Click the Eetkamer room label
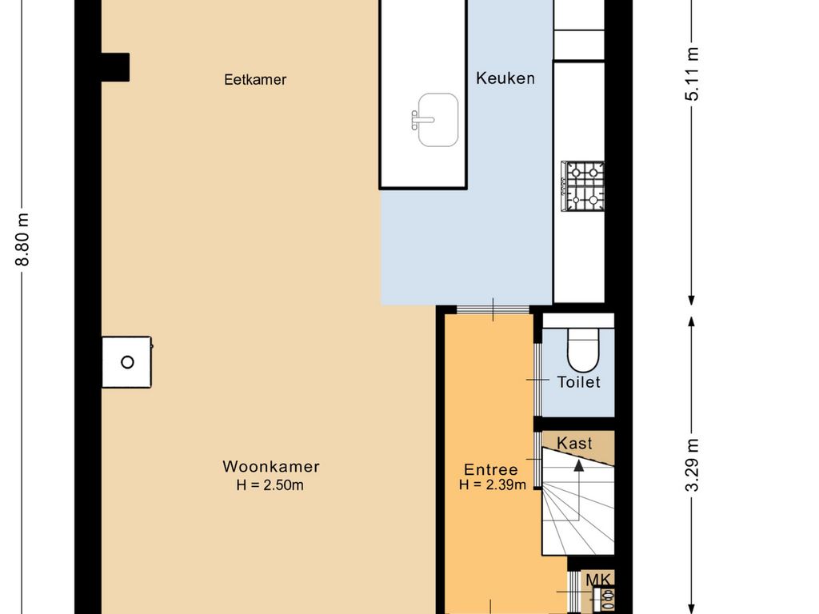point(255,79)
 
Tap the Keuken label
point(505,78)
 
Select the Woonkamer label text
point(271,466)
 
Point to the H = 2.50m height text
point(270,485)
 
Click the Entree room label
point(491,469)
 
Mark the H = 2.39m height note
point(493,484)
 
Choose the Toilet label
point(578,382)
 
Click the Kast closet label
point(574,443)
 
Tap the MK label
point(598,580)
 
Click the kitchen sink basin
point(437,120)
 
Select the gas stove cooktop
point(582,186)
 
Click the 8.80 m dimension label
point(22,240)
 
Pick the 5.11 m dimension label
point(692,74)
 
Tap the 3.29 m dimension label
point(692,465)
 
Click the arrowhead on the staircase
point(579,465)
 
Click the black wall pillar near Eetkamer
point(115,67)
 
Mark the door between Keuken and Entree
point(493,309)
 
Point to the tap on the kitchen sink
point(421,120)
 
